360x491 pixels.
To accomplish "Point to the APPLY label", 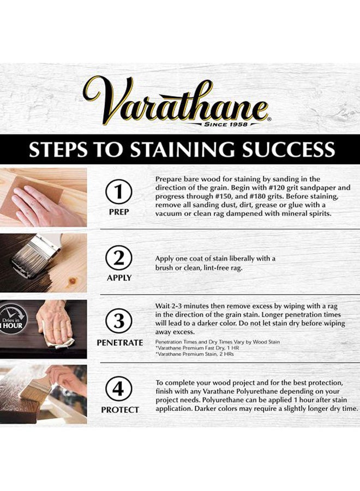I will point(119,278).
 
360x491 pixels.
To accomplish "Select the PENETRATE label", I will point(119,343).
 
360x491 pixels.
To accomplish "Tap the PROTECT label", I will point(119,410).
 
